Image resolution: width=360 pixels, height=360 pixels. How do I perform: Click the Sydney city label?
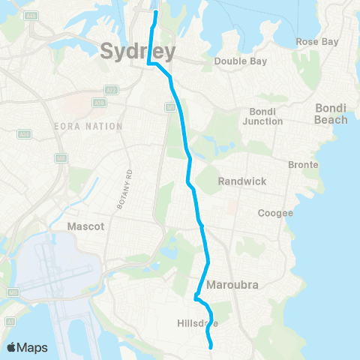pos(137,51)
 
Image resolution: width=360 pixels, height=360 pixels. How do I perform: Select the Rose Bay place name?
pos(317,42)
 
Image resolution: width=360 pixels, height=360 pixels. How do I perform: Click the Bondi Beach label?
pos(331,114)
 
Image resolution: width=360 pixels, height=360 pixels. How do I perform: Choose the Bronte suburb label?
pos(304,164)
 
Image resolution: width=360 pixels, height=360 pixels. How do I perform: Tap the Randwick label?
pos(238,181)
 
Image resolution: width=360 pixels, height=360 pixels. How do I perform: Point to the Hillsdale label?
pos(198,324)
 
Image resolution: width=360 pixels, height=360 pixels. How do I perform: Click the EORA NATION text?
pos(88,126)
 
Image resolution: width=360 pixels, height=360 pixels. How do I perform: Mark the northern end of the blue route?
pos(156,13)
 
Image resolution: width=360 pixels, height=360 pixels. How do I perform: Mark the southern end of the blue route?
pos(211,346)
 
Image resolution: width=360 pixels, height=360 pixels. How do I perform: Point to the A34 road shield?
pos(25,135)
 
